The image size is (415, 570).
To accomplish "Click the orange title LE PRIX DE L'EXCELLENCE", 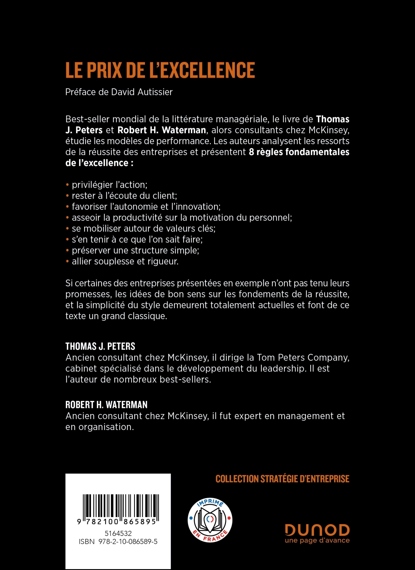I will (160, 70).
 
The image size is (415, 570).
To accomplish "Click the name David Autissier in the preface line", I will (142, 92).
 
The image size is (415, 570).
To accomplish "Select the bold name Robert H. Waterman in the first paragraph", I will (162, 130).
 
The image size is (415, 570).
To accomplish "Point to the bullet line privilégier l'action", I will (109, 185).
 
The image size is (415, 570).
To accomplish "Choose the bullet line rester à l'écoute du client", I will (124, 196).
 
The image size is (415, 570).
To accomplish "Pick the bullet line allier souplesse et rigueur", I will (125, 261).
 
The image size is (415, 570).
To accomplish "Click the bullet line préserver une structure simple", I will (135, 250).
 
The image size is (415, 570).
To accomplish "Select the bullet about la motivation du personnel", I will (182, 218).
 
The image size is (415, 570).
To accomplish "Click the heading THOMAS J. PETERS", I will (100, 346).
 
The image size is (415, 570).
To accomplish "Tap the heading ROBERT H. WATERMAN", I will (106, 405).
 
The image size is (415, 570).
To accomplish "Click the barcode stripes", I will (121, 507).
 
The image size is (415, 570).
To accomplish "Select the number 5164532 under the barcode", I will (118, 533).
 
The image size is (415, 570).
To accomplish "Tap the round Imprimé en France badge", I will (210, 520).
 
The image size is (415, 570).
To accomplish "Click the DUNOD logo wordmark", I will (317, 530).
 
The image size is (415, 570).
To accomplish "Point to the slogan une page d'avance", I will (317, 540).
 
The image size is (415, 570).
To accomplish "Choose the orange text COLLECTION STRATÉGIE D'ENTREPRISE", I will (282, 479).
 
